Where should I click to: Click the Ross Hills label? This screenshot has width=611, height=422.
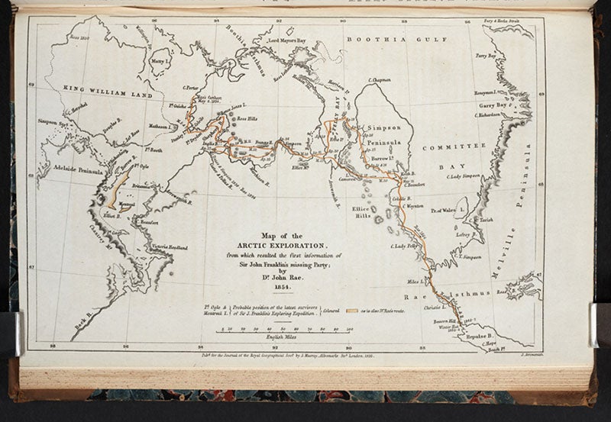coord(249,121)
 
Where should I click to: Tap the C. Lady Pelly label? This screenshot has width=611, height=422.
coord(403,246)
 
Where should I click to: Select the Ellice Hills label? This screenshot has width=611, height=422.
coord(360,212)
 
